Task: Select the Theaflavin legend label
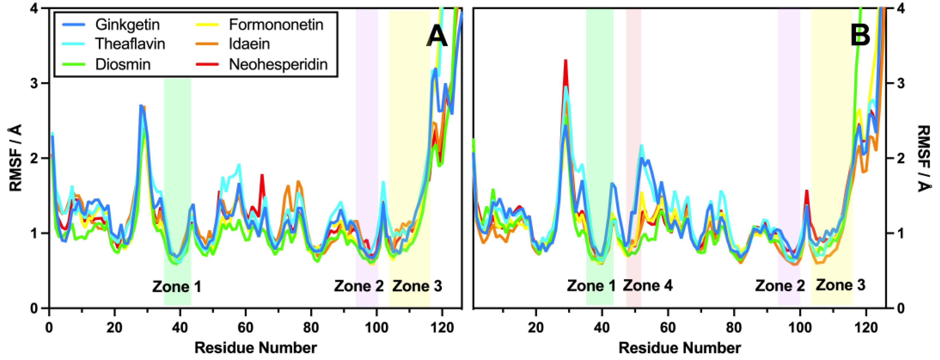pos(130,44)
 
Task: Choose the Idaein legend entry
pos(249,44)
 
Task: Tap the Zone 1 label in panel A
pos(177,287)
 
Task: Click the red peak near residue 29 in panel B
pos(565,62)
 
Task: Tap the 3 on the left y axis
pos(34,84)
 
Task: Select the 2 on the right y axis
pos(901,158)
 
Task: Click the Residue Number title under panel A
pos(255,348)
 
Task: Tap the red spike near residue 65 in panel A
pos(262,177)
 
